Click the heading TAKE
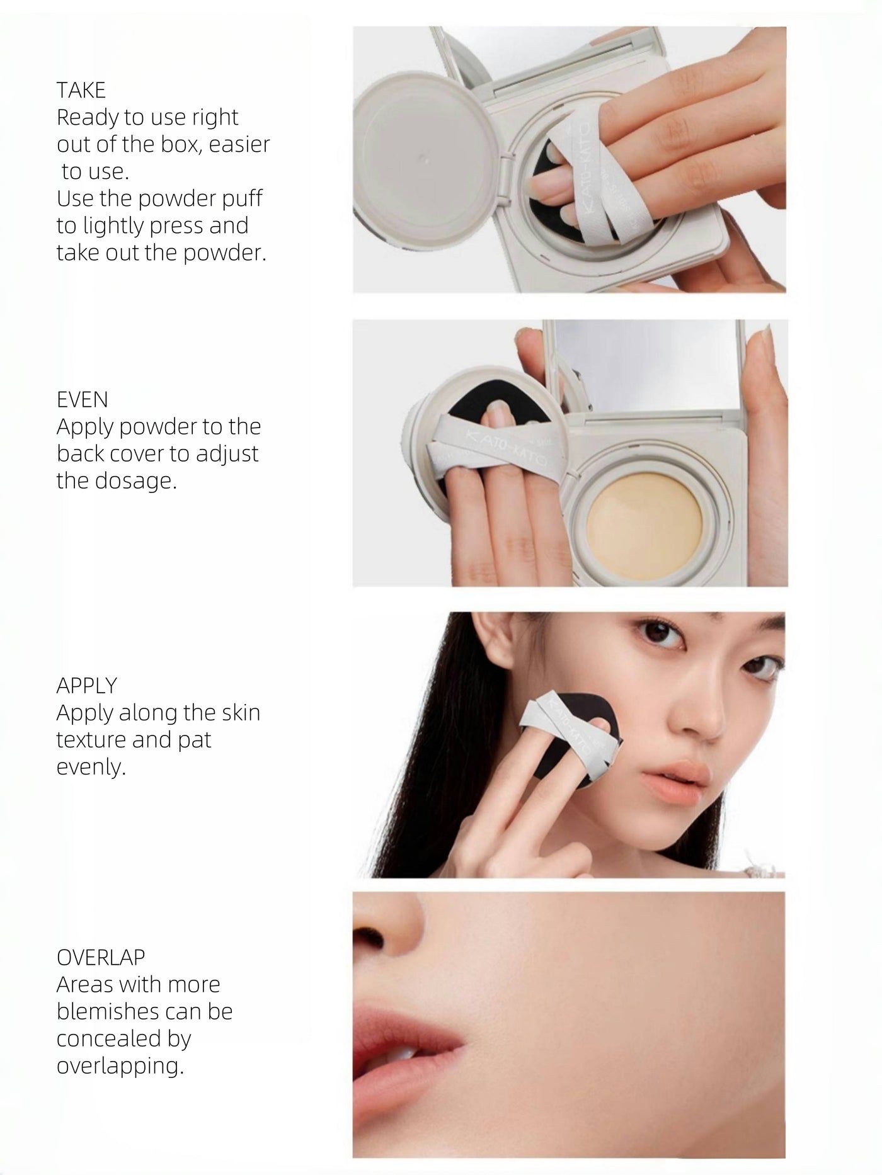coord(81,91)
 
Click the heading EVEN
coord(82,400)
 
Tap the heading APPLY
coord(86,686)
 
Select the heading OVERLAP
coord(101,957)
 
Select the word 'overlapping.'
coord(120,1066)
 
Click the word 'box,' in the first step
coord(181,145)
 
